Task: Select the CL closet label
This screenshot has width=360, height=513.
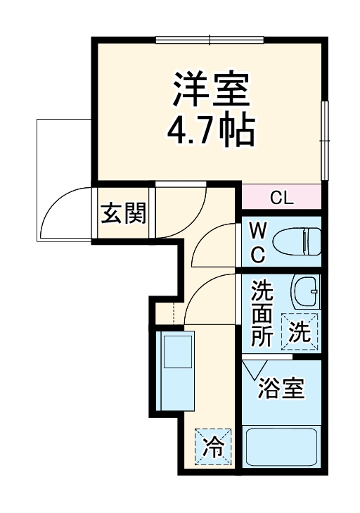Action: [281, 198]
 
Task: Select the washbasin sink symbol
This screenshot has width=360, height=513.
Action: [307, 289]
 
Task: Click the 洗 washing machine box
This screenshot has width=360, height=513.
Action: [300, 331]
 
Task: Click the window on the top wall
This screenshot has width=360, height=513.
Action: [210, 39]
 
